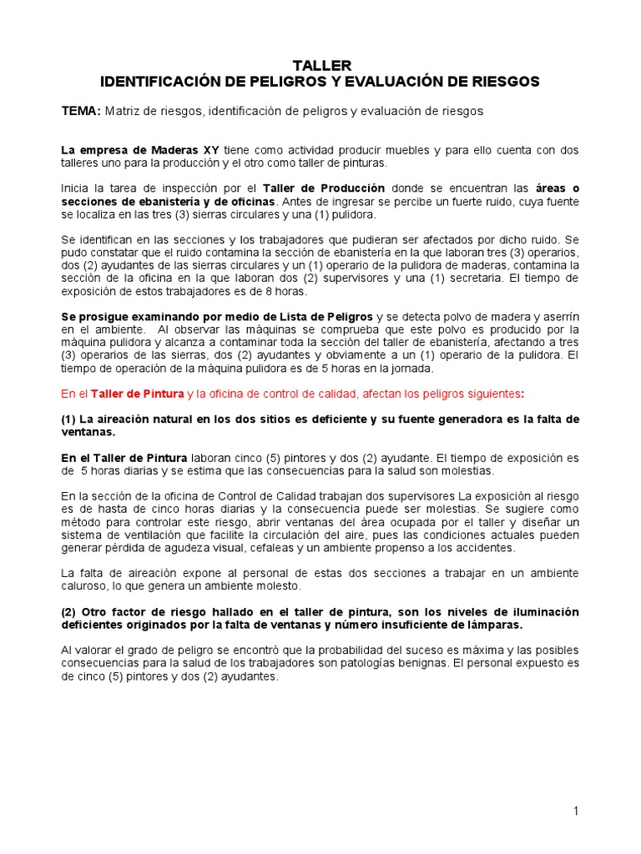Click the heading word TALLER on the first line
point(320,65)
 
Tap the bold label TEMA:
point(81,110)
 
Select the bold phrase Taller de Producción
point(324,188)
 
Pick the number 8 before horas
point(264,291)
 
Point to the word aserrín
point(558,317)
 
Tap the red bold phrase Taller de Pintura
point(137,394)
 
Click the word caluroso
point(84,586)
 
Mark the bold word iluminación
point(542,611)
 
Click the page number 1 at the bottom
point(576,811)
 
